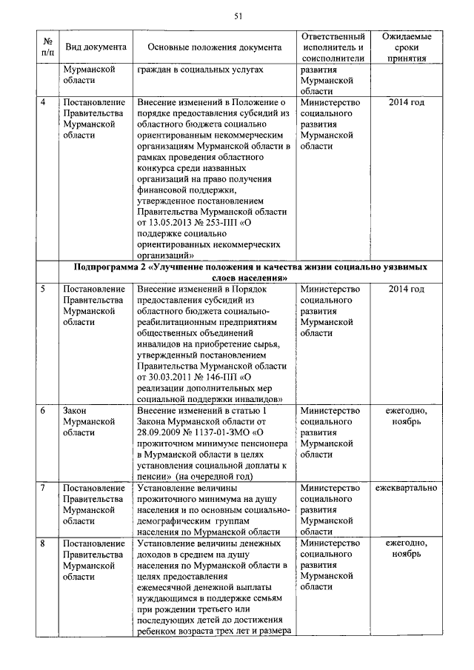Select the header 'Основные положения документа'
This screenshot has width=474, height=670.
pyautogui.click(x=215, y=47)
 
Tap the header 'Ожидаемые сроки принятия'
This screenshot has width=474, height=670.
pyautogui.click(x=407, y=47)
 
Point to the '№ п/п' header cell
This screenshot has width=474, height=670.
pyautogui.click(x=47, y=47)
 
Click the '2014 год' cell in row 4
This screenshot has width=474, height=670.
pyautogui.click(x=407, y=102)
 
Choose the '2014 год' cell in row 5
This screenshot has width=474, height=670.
pyautogui.click(x=407, y=289)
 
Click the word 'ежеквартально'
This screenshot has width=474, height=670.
pyautogui.click(x=407, y=489)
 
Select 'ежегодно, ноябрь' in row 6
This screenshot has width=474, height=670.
pyautogui.click(x=407, y=416)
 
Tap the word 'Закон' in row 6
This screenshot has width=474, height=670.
pyautogui.click(x=76, y=411)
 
